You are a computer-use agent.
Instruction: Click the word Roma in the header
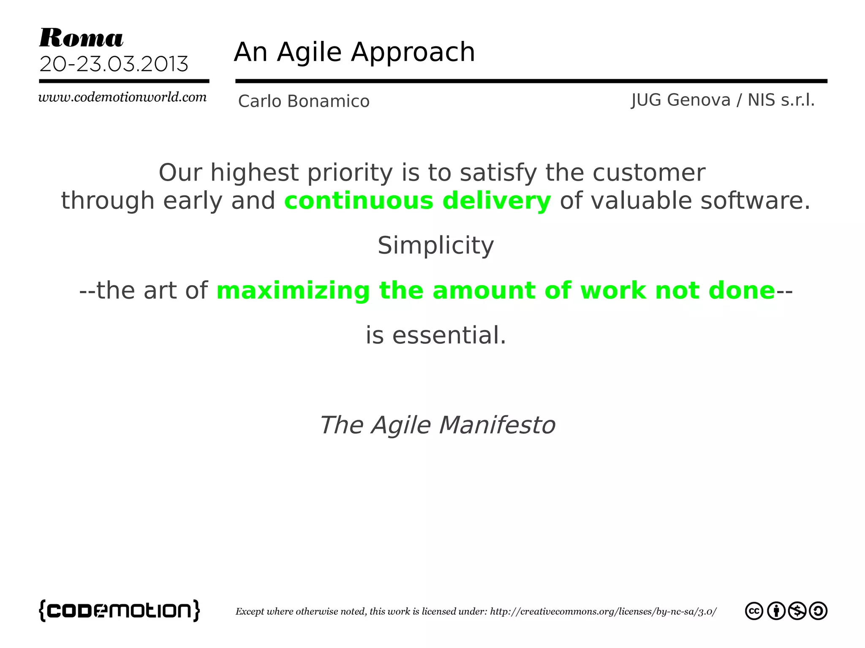(x=81, y=38)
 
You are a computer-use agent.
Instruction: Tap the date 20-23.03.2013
(x=114, y=65)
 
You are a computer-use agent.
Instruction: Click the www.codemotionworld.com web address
(x=122, y=97)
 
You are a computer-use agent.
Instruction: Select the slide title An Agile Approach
(x=354, y=52)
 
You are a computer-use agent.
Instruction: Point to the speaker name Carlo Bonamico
(x=304, y=102)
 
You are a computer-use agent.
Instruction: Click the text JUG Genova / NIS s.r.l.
(x=723, y=100)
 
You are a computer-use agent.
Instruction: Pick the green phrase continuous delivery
(x=417, y=201)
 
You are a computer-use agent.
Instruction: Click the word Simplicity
(x=435, y=246)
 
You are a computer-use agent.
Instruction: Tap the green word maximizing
(x=293, y=291)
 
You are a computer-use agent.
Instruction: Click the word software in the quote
(x=751, y=201)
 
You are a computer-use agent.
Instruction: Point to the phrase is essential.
(x=435, y=336)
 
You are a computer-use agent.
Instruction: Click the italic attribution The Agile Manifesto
(x=437, y=425)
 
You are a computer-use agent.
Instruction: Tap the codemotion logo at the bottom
(x=120, y=610)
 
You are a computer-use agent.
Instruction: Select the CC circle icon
(x=754, y=611)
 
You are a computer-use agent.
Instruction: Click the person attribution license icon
(x=776, y=611)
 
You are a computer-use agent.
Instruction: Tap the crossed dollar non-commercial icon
(x=797, y=611)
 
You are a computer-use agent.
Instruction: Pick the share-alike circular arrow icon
(x=818, y=611)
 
